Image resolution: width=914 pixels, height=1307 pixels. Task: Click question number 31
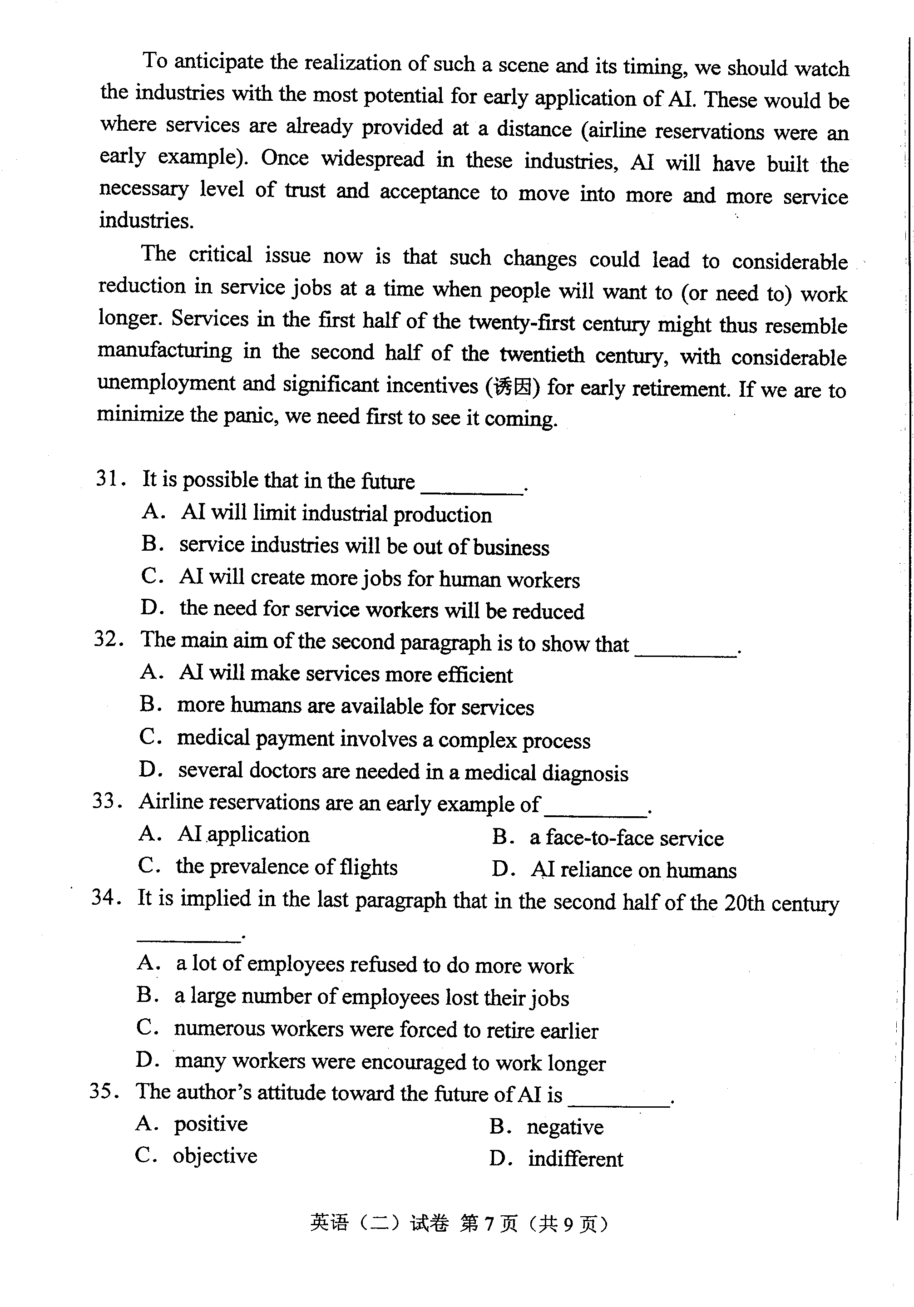108,479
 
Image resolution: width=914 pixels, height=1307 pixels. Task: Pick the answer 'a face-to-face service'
627,838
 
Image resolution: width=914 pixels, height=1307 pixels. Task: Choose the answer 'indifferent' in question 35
575,1159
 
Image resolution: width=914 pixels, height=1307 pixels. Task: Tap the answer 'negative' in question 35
565,1127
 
